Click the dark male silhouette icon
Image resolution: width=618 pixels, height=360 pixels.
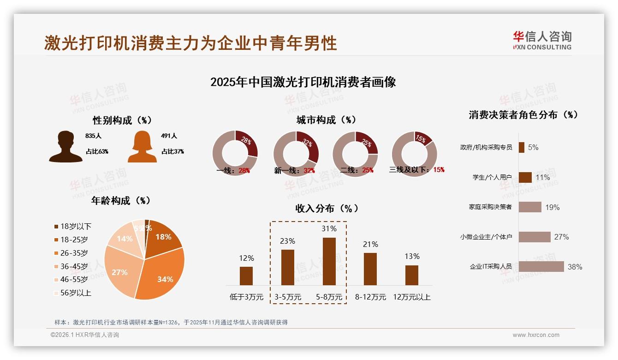click(x=65, y=146)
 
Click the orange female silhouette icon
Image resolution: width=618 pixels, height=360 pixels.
click(x=142, y=146)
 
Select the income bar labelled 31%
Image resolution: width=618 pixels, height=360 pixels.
click(x=329, y=261)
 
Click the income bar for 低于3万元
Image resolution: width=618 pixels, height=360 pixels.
click(x=246, y=276)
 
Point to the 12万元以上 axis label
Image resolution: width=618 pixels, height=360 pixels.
click(x=411, y=297)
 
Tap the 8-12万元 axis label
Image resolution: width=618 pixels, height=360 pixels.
click(x=370, y=297)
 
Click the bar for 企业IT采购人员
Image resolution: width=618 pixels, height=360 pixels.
click(x=541, y=266)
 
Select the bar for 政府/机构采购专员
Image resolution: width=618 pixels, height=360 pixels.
click(x=521, y=147)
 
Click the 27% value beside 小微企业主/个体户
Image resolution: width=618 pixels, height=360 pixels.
click(x=561, y=237)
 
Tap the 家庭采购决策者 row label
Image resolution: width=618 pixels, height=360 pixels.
click(x=490, y=207)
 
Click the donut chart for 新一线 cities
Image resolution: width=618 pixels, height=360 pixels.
click(x=296, y=153)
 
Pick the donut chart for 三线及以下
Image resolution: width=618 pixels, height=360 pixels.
click(x=414, y=153)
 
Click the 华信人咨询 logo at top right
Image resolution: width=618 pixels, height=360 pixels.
click(x=542, y=40)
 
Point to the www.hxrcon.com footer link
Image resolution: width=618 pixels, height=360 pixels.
click(x=535, y=335)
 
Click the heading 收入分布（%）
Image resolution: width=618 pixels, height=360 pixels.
click(x=327, y=208)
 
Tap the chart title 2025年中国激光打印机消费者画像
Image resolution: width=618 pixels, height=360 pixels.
click(x=303, y=82)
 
